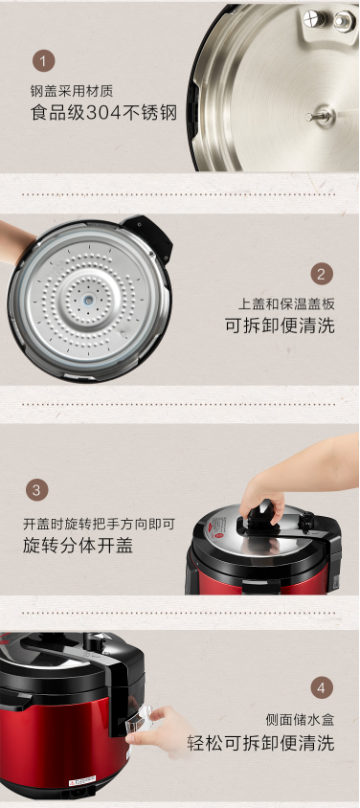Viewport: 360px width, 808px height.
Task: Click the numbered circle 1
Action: point(44,62)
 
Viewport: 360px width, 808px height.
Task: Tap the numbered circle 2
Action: point(322,274)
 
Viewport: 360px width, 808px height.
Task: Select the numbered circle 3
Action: point(36,490)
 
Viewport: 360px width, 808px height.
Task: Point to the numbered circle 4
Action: point(322,687)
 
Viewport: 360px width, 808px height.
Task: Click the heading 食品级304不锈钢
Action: point(104,113)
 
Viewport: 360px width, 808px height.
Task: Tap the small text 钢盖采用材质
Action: point(72,92)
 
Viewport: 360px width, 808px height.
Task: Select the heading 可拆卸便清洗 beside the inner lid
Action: point(280,325)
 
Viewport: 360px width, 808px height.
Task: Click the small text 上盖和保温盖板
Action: point(286,303)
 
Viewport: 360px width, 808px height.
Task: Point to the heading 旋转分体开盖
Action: point(78,545)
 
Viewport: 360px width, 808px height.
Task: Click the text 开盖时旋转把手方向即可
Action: point(99,524)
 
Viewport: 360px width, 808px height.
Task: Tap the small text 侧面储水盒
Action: point(301,719)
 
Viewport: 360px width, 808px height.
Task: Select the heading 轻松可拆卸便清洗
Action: point(261,743)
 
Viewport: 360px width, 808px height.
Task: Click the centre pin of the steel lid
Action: point(321,116)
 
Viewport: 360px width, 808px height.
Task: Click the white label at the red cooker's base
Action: point(82,779)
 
